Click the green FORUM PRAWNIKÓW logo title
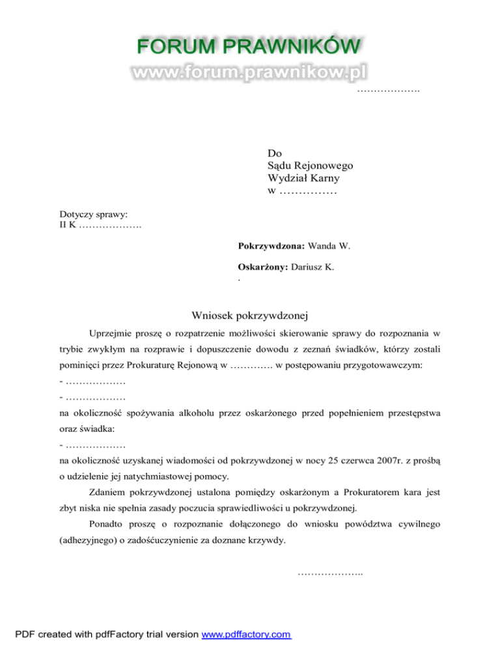point(249,48)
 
